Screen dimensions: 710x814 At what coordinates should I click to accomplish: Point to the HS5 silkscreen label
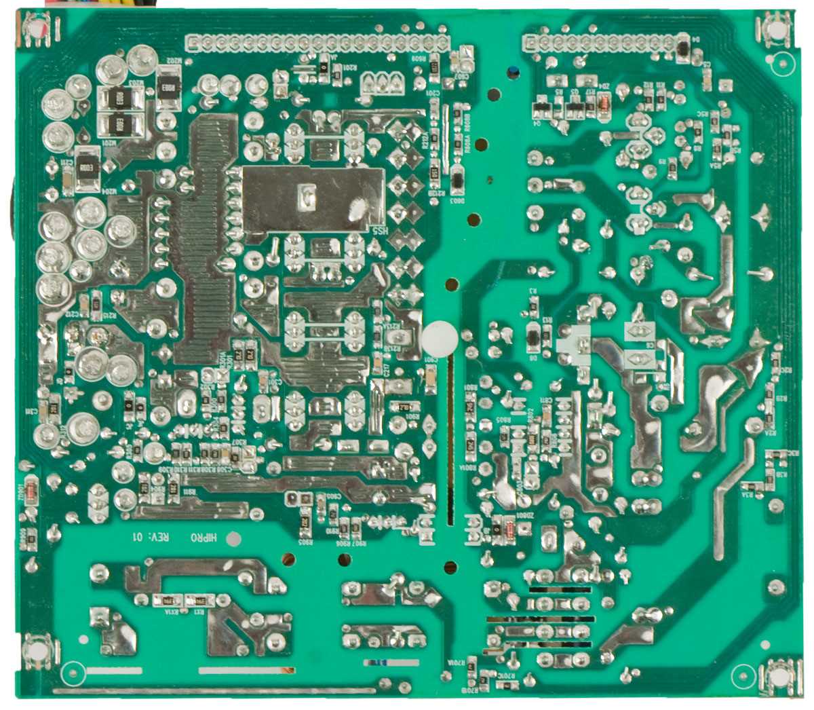[x=378, y=230]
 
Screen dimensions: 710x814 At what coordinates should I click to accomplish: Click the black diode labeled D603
[x=458, y=180]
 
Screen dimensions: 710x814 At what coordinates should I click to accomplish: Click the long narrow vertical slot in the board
[x=449, y=441]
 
